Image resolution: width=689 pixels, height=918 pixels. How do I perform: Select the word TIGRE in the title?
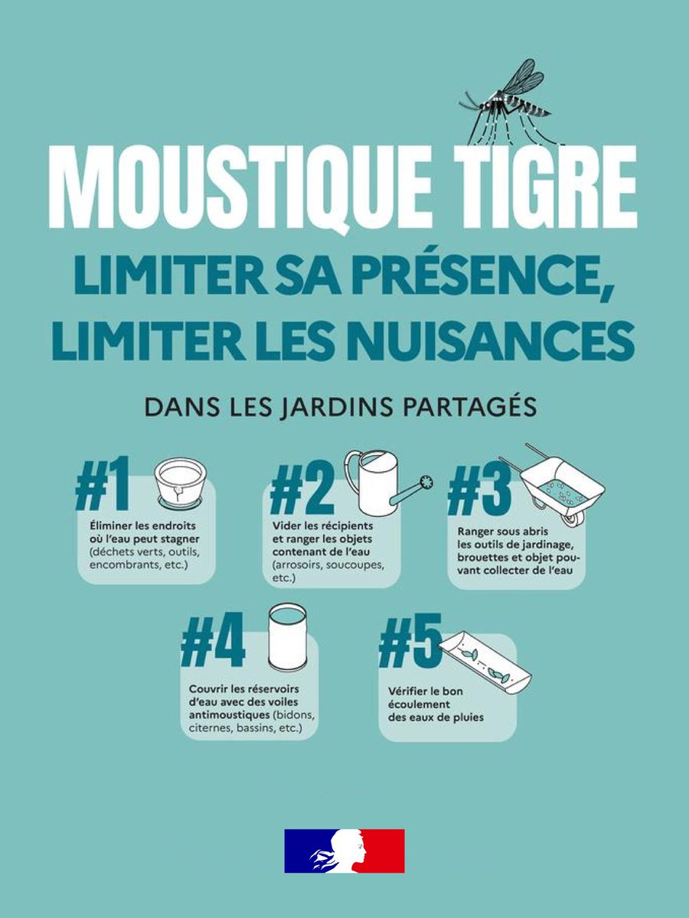pyautogui.click(x=546, y=187)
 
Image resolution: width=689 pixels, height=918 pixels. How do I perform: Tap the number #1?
pyautogui.click(x=103, y=484)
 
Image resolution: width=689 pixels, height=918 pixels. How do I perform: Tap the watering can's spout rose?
pyautogui.click(x=426, y=483)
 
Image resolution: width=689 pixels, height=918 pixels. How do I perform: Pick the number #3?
pyautogui.click(x=479, y=490)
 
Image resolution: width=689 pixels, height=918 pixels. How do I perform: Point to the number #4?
pyautogui.click(x=213, y=640)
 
